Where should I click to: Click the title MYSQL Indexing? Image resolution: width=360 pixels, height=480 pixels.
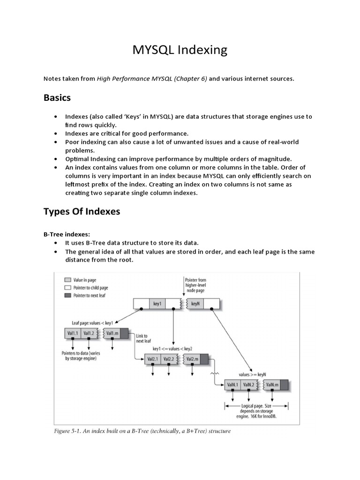pos(180,50)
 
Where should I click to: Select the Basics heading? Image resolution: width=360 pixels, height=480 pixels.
pos(57,97)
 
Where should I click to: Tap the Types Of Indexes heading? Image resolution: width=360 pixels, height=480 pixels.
pos(82,211)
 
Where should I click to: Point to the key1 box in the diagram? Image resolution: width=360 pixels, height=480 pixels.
pos(157,304)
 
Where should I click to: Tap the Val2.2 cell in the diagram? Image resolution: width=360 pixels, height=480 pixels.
pos(168,359)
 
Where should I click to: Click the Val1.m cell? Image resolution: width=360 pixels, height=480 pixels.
pos(112,333)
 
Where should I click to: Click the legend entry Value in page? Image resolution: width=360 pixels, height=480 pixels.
pos(82,279)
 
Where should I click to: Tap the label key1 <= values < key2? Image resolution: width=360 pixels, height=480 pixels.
pos(172,349)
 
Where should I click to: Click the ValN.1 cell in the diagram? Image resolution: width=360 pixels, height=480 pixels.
pos(232,385)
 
